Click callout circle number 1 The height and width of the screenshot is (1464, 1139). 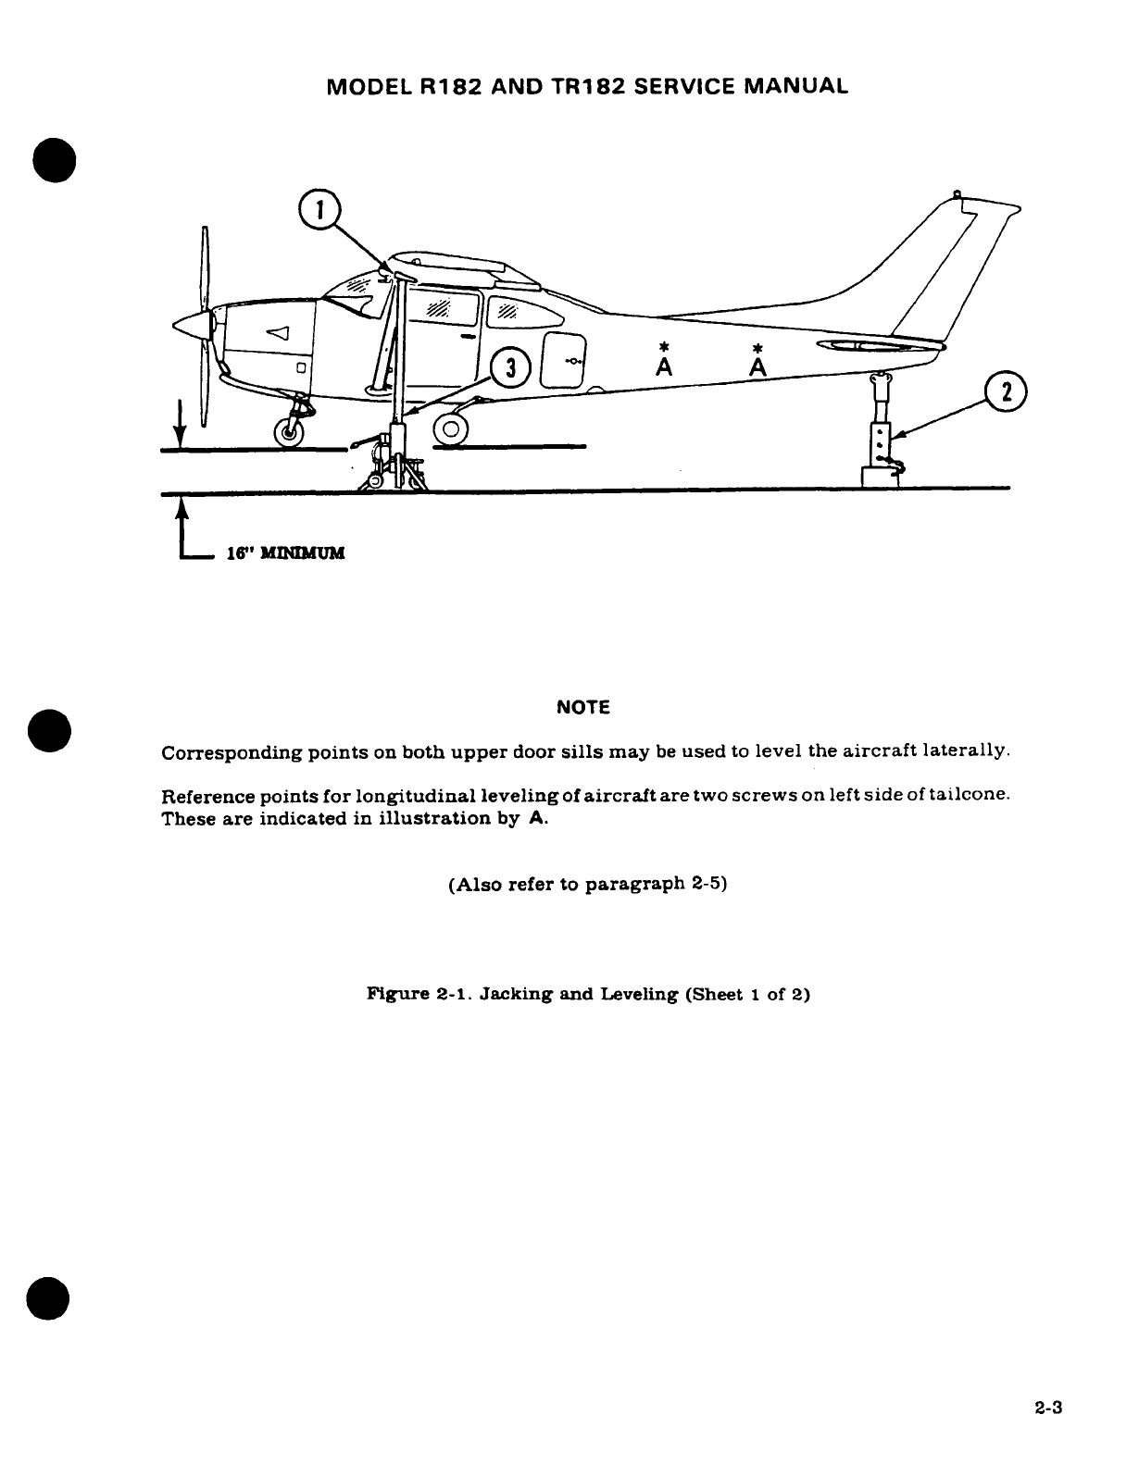319,210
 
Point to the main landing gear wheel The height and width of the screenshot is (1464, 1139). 452,428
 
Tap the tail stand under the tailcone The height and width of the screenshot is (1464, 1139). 882,435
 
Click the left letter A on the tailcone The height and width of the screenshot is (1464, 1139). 662,367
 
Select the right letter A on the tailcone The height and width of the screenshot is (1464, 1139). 758,367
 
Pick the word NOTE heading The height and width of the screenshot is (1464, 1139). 583,708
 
